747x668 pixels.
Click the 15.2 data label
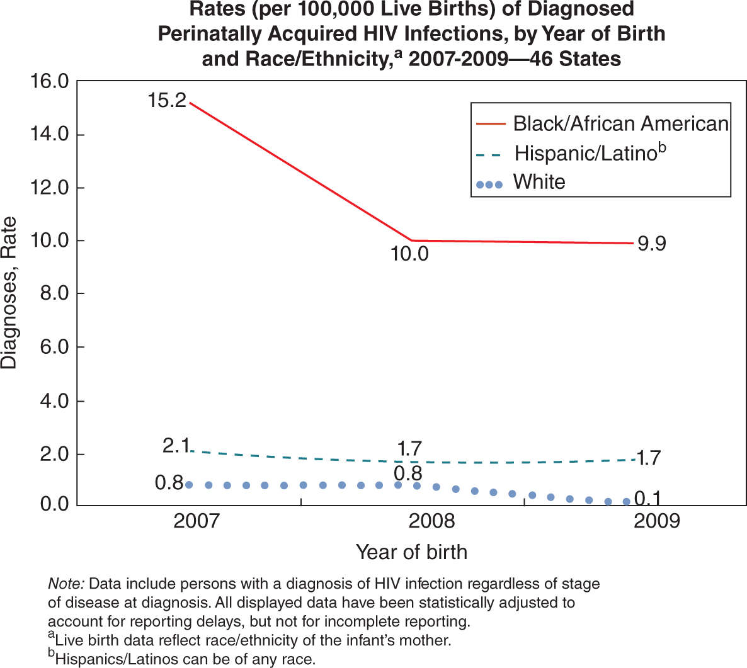(x=167, y=99)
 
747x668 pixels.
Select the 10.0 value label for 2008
(x=409, y=254)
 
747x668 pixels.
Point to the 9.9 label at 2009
(x=651, y=243)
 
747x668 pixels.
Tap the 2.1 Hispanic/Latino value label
(x=176, y=445)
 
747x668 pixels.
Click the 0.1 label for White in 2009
(x=647, y=499)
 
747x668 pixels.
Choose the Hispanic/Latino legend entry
(x=590, y=153)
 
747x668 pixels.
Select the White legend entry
(x=539, y=182)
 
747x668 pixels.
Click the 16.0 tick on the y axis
(x=48, y=81)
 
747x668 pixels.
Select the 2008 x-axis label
(x=431, y=521)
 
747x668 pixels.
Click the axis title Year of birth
(x=411, y=552)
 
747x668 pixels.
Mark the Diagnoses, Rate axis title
(x=9, y=293)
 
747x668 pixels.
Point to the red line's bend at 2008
(x=411, y=241)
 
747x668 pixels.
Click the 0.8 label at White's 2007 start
(x=169, y=483)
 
